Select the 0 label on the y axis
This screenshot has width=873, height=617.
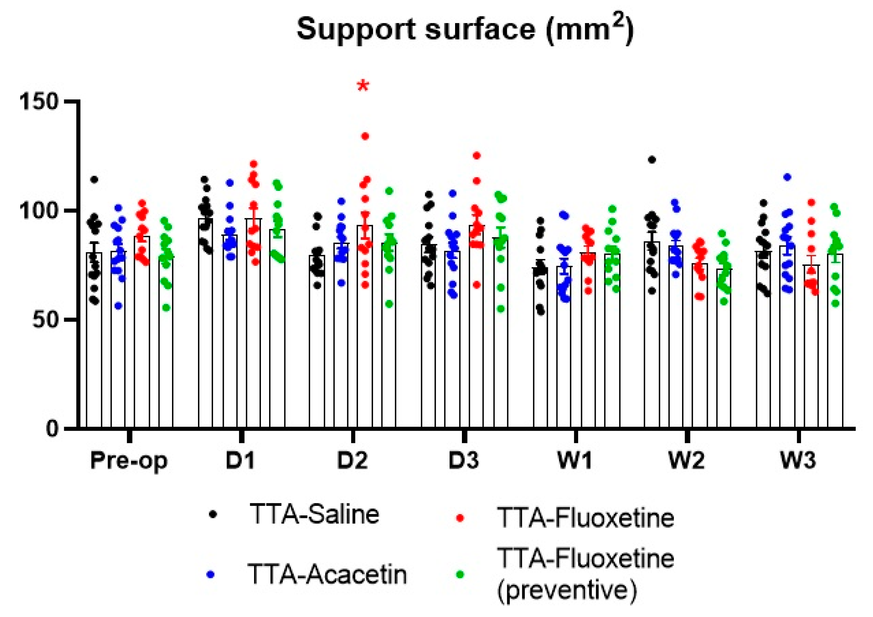click(x=52, y=428)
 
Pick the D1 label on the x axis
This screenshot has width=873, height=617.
click(x=240, y=460)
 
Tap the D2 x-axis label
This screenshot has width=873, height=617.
click(x=352, y=460)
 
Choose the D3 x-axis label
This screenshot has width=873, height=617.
click(x=464, y=460)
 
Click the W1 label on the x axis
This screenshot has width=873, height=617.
click(x=575, y=460)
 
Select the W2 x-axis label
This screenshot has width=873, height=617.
click(x=686, y=460)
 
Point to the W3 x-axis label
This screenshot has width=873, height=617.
click(x=798, y=460)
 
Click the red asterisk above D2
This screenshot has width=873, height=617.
click(x=363, y=86)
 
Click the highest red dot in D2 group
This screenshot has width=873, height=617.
click(x=365, y=136)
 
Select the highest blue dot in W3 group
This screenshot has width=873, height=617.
click(x=787, y=177)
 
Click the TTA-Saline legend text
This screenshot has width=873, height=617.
click(x=314, y=515)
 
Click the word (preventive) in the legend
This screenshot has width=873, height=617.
click(x=566, y=590)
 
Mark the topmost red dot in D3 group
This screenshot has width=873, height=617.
click(x=477, y=155)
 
